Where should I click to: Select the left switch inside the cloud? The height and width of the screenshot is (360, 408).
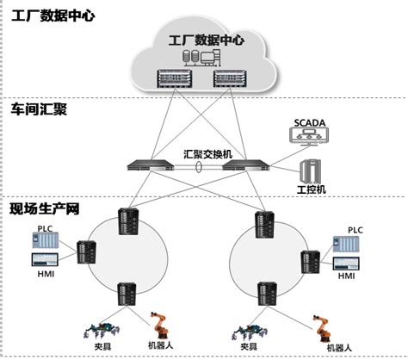(x=172, y=79)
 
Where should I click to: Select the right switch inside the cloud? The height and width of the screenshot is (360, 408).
(x=234, y=79)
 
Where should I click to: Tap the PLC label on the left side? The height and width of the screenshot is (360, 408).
(x=45, y=229)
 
